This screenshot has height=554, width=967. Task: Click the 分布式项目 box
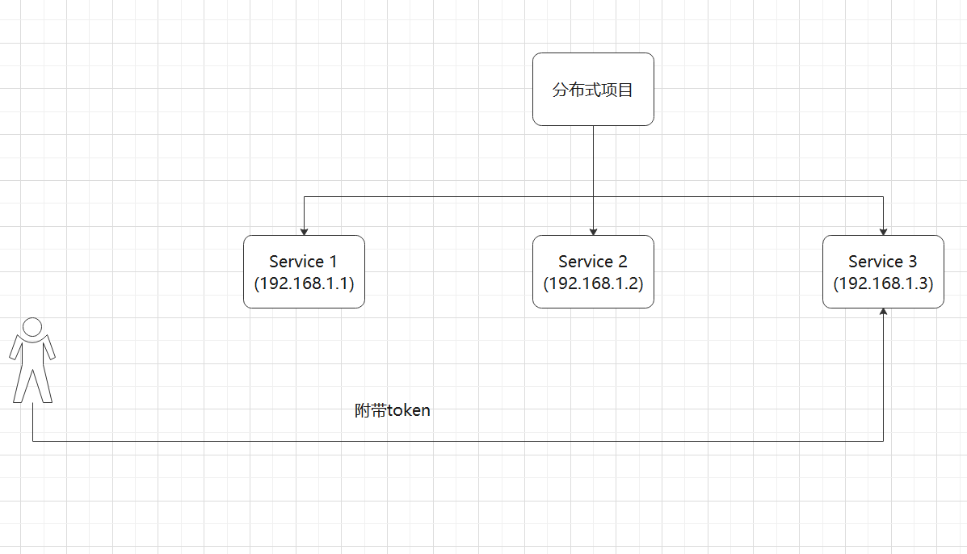[593, 89]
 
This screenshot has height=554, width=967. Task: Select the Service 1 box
[304, 271]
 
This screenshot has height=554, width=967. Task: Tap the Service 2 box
[593, 271]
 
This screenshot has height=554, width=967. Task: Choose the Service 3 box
[883, 271]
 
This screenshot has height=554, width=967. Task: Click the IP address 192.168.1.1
[304, 283]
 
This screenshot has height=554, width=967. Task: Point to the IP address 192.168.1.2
[593, 283]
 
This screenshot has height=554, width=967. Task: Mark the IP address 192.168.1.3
[883, 283]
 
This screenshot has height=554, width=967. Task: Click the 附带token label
[393, 410]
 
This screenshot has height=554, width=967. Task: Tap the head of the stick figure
[32, 327]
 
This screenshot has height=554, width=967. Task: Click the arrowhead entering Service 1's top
[304, 231]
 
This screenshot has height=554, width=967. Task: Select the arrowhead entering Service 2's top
[593, 231]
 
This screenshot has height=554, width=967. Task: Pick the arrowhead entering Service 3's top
[883, 231]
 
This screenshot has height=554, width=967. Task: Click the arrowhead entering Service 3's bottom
[883, 313]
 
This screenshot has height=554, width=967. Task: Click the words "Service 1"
[304, 262]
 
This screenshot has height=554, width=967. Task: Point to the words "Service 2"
[593, 262]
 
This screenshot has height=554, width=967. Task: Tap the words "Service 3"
[883, 262]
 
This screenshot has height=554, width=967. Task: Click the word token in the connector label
[409, 411]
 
